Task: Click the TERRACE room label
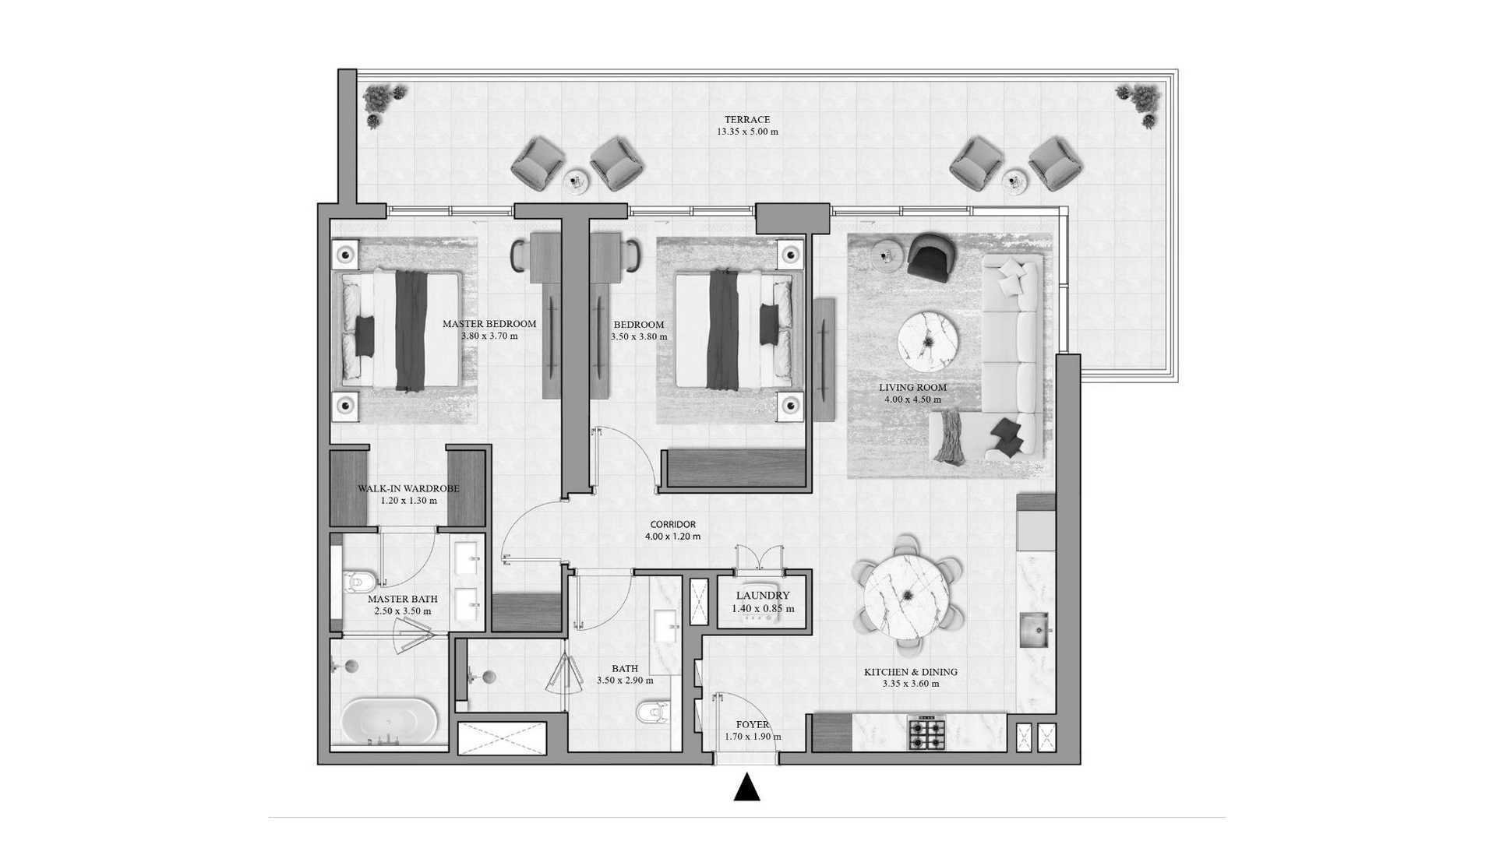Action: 747,120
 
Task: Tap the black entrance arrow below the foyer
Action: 747,787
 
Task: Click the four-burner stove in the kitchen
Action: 926,734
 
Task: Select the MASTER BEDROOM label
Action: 489,324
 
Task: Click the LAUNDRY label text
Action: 764,596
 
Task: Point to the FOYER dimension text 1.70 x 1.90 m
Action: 753,737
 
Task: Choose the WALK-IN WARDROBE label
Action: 408,489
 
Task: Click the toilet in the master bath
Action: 361,581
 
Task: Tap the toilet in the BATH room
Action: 652,713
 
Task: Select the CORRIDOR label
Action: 673,525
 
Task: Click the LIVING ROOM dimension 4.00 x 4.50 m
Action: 912,399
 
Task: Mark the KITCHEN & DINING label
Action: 911,672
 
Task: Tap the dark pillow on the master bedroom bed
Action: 365,336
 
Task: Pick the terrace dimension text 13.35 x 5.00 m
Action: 747,132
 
